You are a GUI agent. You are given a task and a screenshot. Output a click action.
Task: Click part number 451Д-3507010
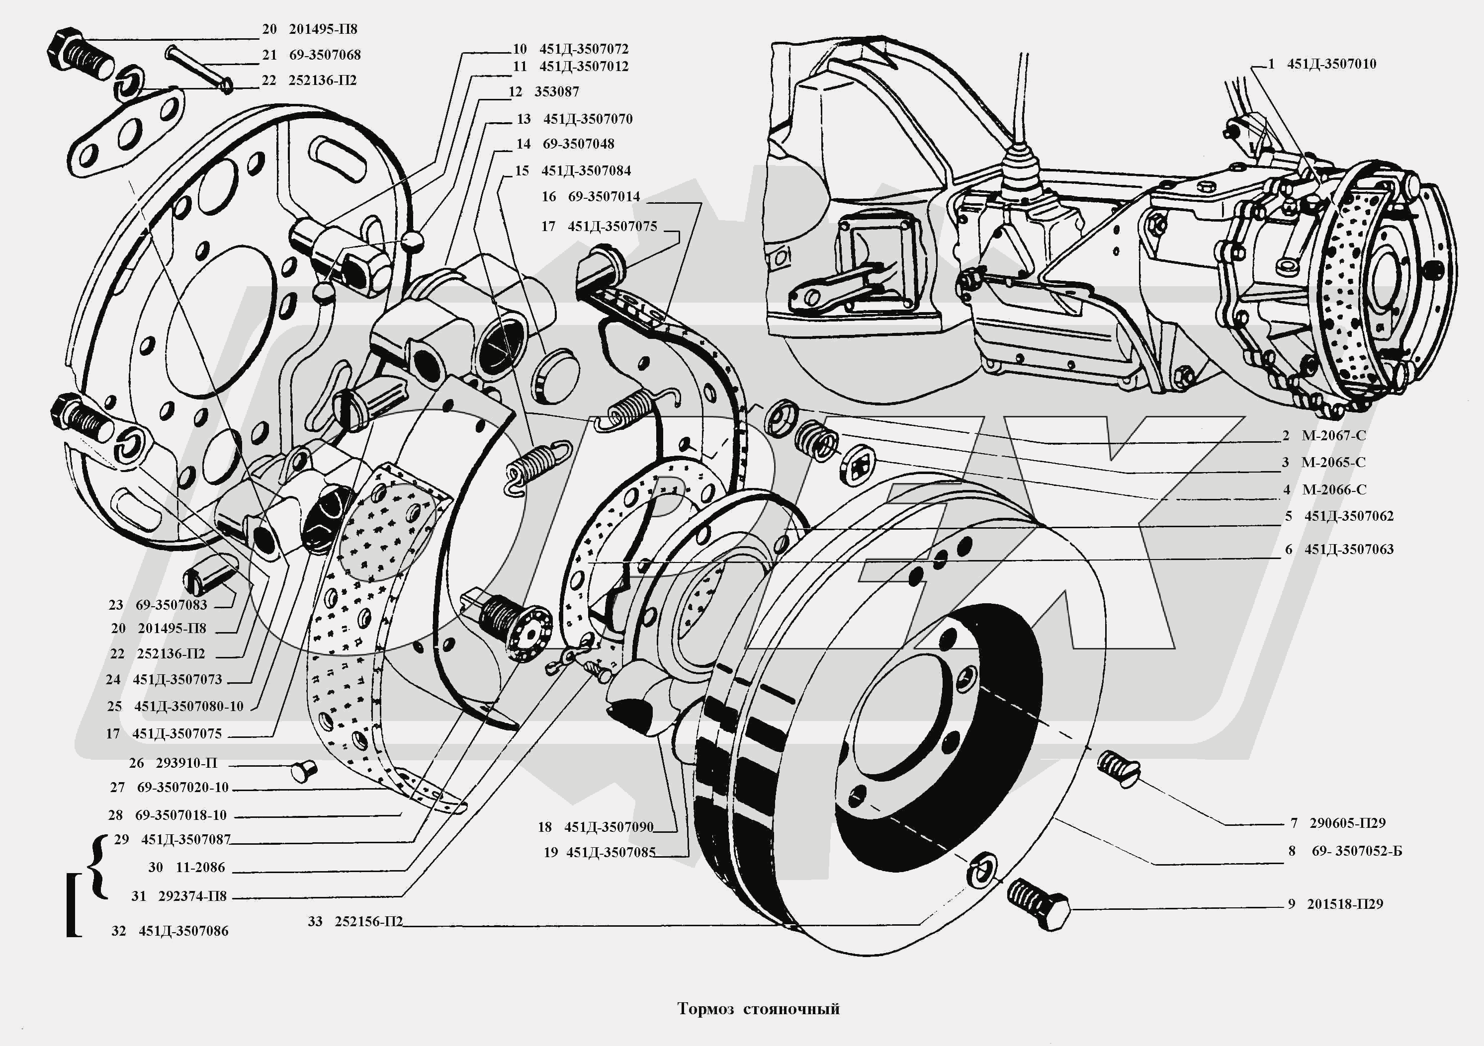[x=1331, y=64]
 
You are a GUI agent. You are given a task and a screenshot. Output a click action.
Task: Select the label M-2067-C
[x=1333, y=435]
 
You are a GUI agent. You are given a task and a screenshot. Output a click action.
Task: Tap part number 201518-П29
[x=1344, y=904]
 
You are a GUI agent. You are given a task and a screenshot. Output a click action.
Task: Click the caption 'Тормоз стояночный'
[x=758, y=1009]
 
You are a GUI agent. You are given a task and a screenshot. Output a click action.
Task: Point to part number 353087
[x=556, y=92]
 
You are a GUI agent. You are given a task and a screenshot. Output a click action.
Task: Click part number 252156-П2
[x=368, y=921]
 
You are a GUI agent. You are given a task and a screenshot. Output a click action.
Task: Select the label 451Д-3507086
[x=183, y=931]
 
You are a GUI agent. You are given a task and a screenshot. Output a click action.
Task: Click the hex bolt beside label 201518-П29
[x=1038, y=904]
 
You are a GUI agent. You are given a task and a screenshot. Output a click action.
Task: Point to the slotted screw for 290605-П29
[x=1119, y=768]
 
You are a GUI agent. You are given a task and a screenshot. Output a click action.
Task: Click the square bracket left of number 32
[x=73, y=904]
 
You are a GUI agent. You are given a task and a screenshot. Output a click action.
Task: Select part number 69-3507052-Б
[x=1357, y=851]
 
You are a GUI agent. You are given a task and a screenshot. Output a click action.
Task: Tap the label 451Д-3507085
[x=610, y=853]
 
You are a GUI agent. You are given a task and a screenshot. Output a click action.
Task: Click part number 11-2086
[x=200, y=868]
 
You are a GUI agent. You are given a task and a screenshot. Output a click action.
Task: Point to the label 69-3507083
[x=172, y=605]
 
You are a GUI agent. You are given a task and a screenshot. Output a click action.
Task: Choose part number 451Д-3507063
[x=1349, y=550]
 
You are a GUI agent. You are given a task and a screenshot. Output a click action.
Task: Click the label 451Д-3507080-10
[x=188, y=706]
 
